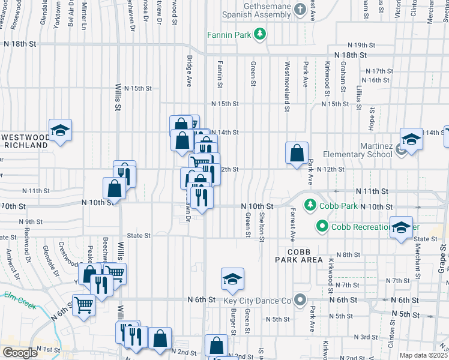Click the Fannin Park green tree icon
[x=260, y=35]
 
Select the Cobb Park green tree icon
[x=310, y=206]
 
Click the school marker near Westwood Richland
[x=60, y=130]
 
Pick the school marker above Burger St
[x=232, y=278]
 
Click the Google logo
[x=20, y=353]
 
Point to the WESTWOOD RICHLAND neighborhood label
[x=24, y=141]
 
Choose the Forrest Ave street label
[x=293, y=222]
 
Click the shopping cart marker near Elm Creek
[x=83, y=305]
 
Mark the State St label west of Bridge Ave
[x=139, y=236]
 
